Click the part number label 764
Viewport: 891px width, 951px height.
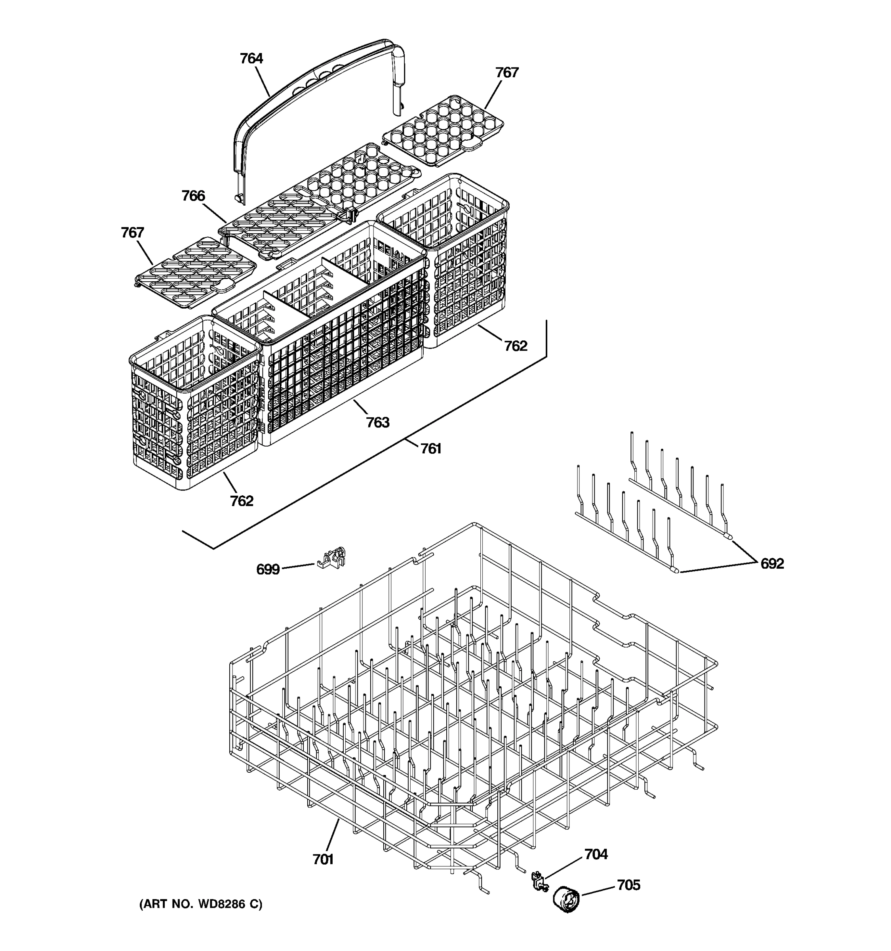[x=251, y=58]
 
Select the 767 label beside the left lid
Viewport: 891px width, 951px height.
[x=132, y=233]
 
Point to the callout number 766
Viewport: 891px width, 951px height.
[x=193, y=196]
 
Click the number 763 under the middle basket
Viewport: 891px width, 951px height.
[x=378, y=422]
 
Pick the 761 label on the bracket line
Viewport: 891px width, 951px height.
[x=431, y=449]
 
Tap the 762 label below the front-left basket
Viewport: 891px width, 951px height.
[x=242, y=501]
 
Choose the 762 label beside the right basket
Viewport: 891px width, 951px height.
[x=516, y=346]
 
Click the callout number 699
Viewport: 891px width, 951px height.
[x=268, y=569]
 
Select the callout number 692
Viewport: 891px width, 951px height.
[x=772, y=563]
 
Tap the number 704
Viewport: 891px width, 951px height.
[x=596, y=854]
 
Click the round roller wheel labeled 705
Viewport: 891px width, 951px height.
[x=566, y=900]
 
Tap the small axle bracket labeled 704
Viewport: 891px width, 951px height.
[x=539, y=881]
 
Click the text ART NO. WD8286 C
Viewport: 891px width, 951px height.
[x=201, y=904]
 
